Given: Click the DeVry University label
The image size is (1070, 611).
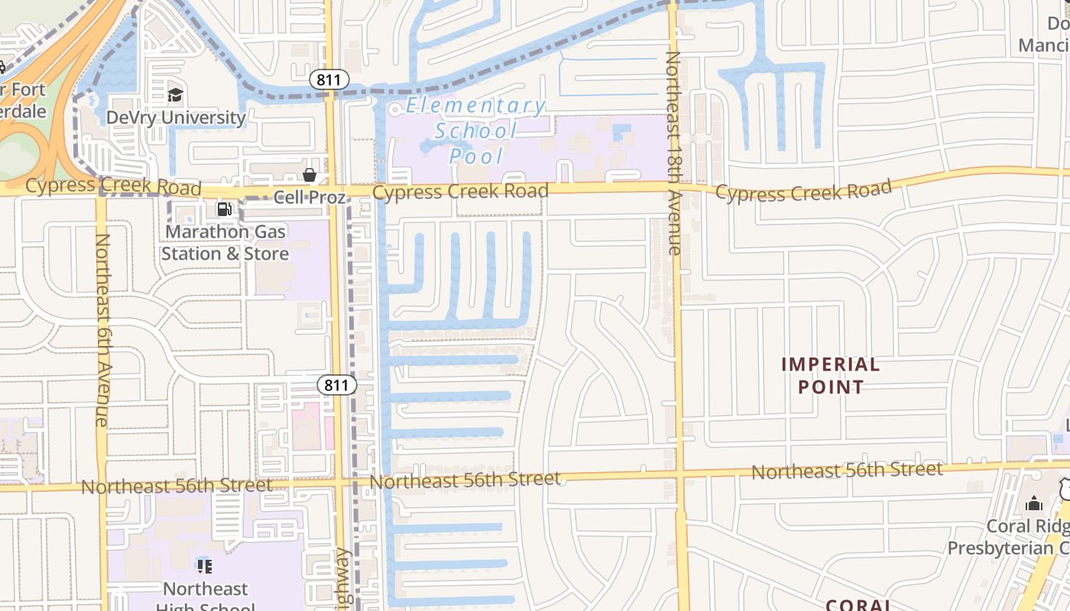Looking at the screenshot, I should (176, 118).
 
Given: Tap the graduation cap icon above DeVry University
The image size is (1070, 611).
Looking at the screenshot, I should (176, 95).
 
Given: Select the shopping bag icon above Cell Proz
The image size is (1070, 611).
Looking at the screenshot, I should (310, 176).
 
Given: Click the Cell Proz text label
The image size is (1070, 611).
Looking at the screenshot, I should (310, 198).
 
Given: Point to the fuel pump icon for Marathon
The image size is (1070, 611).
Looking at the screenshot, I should (224, 209).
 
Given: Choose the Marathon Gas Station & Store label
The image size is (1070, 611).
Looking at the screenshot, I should (225, 242).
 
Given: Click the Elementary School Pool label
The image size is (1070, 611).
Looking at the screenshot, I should (476, 131).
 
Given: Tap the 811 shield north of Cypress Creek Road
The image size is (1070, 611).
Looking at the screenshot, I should (329, 79).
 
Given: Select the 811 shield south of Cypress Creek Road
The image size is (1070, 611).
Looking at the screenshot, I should (336, 385).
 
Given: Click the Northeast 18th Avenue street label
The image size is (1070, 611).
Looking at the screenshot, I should (673, 153).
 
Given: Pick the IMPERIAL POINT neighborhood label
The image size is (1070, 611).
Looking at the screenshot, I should (830, 376).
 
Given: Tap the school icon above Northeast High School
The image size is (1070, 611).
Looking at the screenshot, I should (204, 566).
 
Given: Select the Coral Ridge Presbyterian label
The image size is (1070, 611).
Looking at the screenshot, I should (1009, 537).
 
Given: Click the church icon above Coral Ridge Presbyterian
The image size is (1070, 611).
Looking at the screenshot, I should (1034, 503).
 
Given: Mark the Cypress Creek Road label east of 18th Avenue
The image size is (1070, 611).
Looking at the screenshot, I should (803, 190).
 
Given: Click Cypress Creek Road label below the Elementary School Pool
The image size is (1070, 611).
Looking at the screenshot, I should (460, 191).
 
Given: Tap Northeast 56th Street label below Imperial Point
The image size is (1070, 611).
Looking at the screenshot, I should (847, 470).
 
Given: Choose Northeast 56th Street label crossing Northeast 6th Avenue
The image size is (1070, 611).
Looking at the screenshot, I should (177, 486).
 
